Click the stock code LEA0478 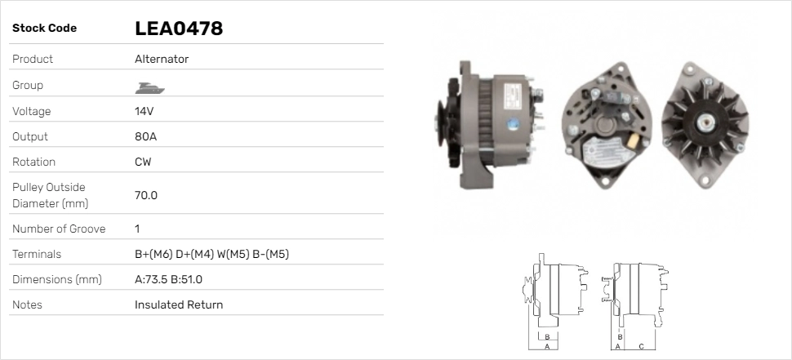[x=179, y=29]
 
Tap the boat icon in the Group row [x=149, y=88]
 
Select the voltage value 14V [x=144, y=111]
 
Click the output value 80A [x=145, y=136]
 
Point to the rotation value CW [x=143, y=162]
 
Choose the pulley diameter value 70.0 [x=146, y=195]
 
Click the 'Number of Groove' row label [x=59, y=229]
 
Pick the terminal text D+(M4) [x=194, y=254]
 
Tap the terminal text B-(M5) [x=270, y=254]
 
